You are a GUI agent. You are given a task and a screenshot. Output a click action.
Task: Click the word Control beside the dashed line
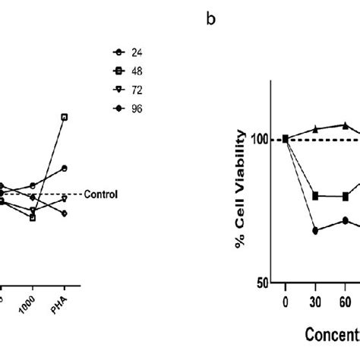click(101, 194)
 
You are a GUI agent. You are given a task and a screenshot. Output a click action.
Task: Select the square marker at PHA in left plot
click(65, 117)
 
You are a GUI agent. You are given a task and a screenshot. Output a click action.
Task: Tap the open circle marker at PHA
click(65, 168)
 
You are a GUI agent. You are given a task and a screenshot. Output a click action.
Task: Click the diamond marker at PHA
click(65, 213)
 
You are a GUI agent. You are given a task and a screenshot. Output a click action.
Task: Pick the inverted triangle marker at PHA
click(65, 199)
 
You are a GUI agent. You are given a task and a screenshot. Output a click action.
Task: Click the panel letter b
click(210, 20)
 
